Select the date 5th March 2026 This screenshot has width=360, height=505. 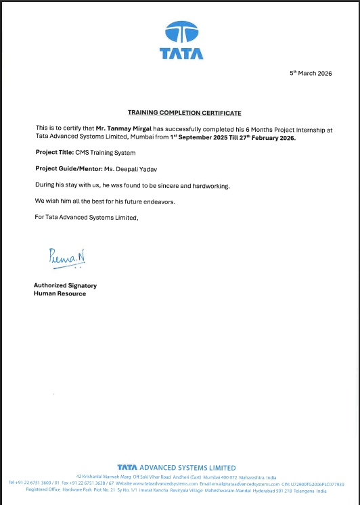[311, 73]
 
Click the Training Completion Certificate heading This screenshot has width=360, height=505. [185, 112]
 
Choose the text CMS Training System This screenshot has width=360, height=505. [100, 152]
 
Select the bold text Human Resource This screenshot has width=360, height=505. [60, 293]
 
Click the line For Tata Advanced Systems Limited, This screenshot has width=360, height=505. [86, 216]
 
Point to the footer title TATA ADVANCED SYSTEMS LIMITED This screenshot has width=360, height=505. [177, 467]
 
